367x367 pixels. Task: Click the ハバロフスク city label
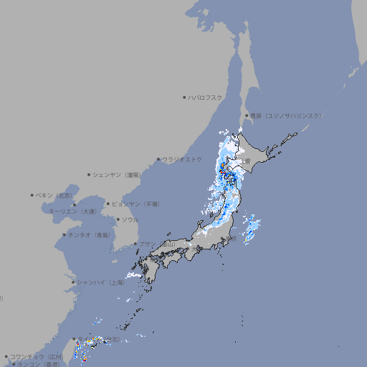point(206,96)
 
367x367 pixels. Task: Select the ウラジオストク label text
point(182,159)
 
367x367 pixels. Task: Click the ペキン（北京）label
point(55,195)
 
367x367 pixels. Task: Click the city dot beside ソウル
point(117,219)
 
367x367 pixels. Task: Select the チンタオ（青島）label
point(88,234)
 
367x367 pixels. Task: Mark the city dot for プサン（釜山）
point(135,244)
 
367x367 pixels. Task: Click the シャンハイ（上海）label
point(100,282)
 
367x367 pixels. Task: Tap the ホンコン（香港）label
point(39,364)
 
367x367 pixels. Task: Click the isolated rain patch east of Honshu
point(251,229)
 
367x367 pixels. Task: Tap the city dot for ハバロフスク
point(184,96)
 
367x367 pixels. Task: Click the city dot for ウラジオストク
point(158,159)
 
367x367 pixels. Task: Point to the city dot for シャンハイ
point(73,282)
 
